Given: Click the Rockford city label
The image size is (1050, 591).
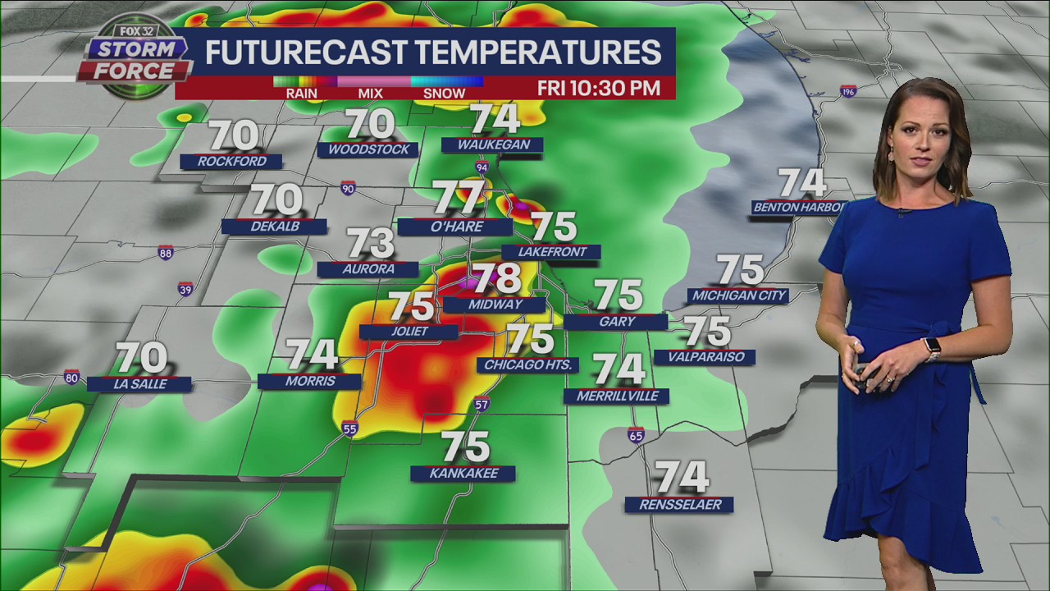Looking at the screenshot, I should click(x=231, y=162).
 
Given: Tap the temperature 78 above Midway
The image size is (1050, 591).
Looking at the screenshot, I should click(x=496, y=279).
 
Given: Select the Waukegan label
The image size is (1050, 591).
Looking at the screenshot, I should click(x=492, y=145).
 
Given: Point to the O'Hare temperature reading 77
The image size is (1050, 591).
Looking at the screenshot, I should click(x=459, y=198).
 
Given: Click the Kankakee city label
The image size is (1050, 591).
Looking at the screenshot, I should click(x=463, y=474).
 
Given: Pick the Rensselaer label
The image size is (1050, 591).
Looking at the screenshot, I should click(x=679, y=505).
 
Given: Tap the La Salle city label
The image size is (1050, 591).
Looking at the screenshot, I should click(x=139, y=383).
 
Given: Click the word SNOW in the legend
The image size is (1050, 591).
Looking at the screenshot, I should click(x=444, y=93).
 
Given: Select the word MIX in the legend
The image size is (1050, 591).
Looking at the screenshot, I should click(x=370, y=93).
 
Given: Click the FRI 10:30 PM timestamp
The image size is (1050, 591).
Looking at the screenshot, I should click(x=599, y=89).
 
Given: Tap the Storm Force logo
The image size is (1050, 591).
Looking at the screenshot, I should click(x=134, y=58).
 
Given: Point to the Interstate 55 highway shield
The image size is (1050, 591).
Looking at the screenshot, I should click(x=350, y=428).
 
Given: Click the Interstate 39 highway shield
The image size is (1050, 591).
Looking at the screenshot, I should click(x=185, y=289).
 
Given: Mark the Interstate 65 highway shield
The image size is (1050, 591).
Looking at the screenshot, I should click(x=636, y=435).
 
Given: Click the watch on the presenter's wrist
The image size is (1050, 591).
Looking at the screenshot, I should click(x=931, y=348).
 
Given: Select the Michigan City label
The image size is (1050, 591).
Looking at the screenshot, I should click(x=738, y=295).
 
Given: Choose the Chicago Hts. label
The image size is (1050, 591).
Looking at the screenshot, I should click(x=528, y=364).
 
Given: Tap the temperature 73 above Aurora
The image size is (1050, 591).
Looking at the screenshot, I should click(x=370, y=243).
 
